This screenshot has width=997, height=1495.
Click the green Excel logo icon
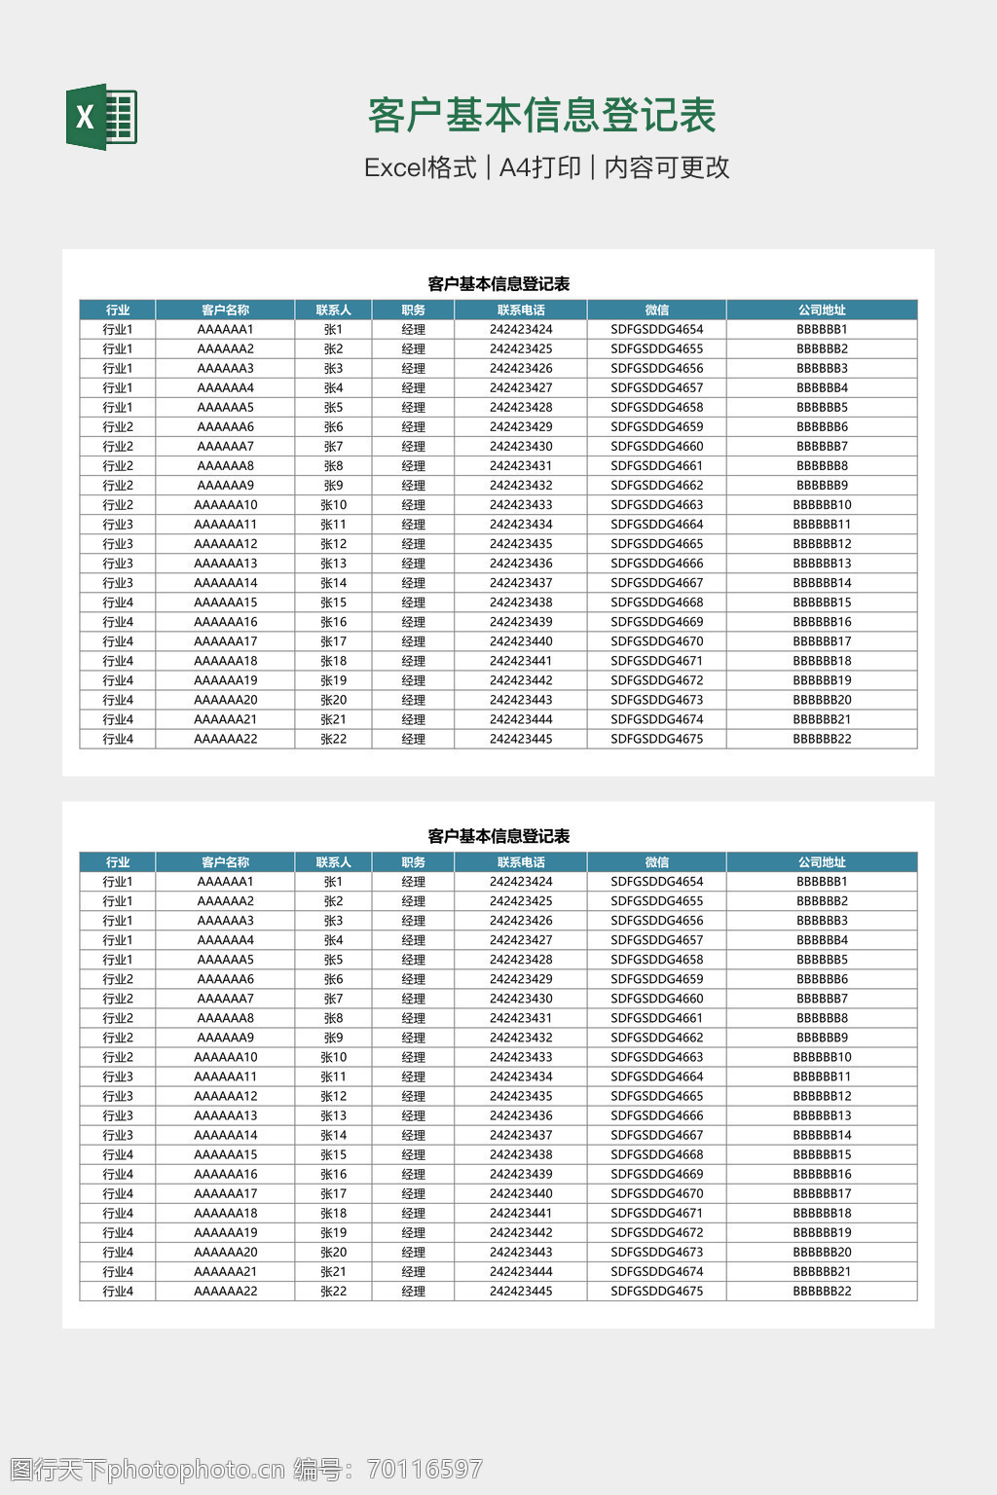point(101,117)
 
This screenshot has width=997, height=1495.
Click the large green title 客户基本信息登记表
point(541,116)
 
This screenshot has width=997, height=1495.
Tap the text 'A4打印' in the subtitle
point(539,167)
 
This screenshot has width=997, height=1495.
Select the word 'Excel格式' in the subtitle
point(420,167)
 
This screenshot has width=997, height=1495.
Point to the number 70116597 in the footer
point(425,1469)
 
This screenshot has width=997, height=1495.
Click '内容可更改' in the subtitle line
point(667,167)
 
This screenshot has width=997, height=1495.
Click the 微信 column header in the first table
point(656,310)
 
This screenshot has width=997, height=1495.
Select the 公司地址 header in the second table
point(822,862)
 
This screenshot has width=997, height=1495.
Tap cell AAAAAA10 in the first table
point(226,505)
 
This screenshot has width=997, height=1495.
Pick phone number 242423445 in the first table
point(521,739)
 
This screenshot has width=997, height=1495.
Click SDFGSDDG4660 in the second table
point(656,999)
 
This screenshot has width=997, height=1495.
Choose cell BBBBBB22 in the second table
point(822,1292)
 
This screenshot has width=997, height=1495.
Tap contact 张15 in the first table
point(333,602)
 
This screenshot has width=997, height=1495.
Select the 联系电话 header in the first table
point(521,310)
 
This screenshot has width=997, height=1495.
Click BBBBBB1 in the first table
point(822,329)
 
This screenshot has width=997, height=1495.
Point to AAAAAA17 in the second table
point(226,1193)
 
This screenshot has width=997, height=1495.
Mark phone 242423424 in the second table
point(521,882)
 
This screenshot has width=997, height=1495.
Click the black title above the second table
point(498,836)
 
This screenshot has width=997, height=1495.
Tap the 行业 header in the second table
point(118,862)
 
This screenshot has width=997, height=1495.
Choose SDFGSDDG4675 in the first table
point(656,739)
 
